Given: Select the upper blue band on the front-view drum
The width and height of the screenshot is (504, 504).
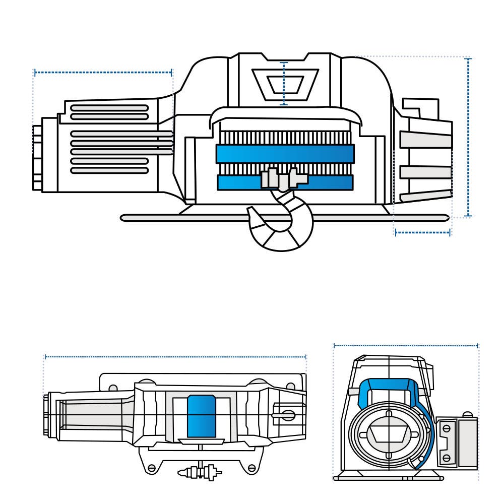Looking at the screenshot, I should click(285, 154).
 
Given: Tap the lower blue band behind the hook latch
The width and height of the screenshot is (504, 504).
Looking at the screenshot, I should click(237, 182).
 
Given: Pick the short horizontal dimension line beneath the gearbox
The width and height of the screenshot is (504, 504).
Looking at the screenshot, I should click(422, 232).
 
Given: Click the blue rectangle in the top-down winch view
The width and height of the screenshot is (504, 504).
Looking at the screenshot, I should click(202, 416).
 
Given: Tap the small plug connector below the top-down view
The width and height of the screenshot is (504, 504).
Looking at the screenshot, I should click(200, 473).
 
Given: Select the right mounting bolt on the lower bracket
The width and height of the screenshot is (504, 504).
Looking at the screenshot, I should click(251, 468).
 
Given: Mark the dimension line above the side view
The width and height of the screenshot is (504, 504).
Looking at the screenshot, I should click(406, 346).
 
